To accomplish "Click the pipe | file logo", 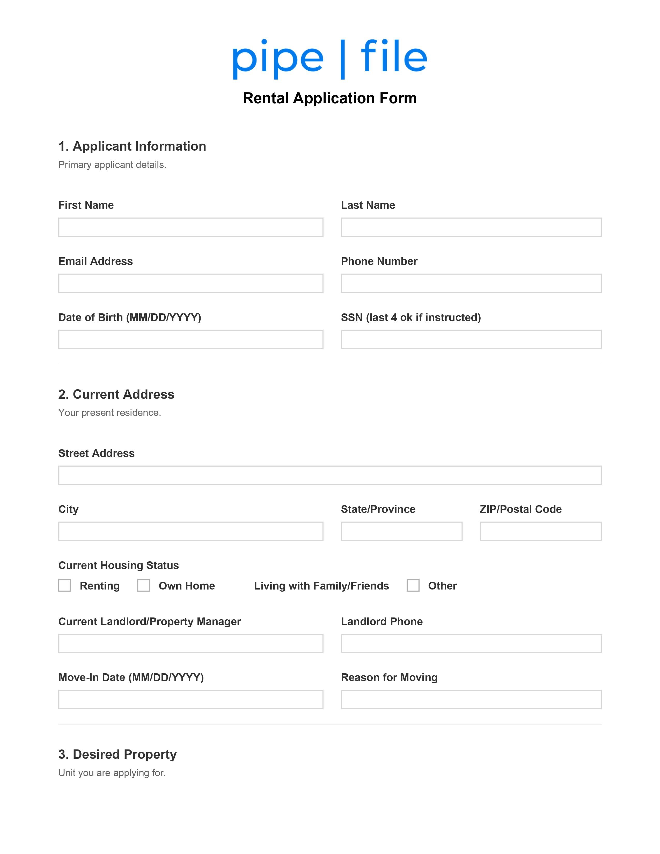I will (329, 59).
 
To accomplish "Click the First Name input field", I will (190, 227).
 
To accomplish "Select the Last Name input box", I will (471, 227).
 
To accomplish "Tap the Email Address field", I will (190, 283).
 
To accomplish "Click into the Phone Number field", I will (471, 283).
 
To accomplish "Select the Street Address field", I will (329, 475).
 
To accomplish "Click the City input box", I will (190, 531).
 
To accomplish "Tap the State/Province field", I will (401, 531).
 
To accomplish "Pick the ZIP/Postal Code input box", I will (540, 531).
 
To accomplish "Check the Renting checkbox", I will (65, 585).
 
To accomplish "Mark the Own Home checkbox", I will (143, 585).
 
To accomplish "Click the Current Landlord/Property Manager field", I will (190, 643).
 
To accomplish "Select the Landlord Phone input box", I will (471, 643).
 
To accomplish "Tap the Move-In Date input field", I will (190, 699).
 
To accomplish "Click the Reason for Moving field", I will (471, 699).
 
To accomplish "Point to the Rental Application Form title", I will (329, 98).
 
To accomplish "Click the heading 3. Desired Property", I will (117, 754).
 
